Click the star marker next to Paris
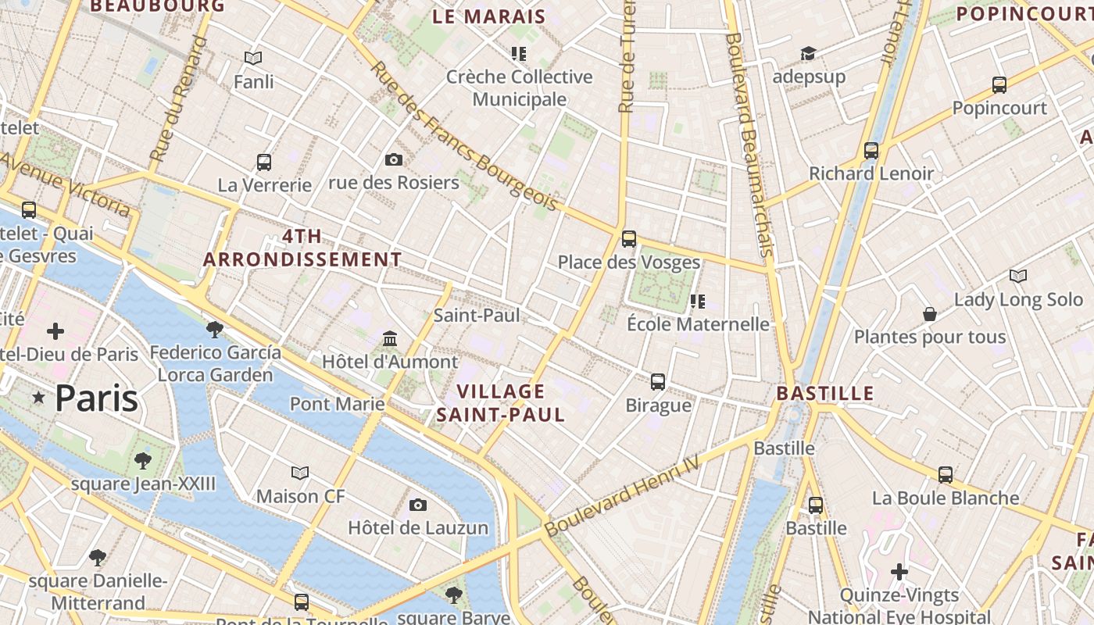pyautogui.click(x=38, y=398)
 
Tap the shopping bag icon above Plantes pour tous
pyautogui.click(x=930, y=314)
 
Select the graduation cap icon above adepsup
pyautogui.click(x=808, y=53)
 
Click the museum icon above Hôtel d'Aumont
pyautogui.click(x=390, y=339)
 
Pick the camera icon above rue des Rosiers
pyautogui.click(x=394, y=159)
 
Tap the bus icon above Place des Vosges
pyautogui.click(x=629, y=239)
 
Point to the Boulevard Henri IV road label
pyautogui.click(x=642, y=484)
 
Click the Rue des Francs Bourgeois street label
pyautogui.click(x=464, y=136)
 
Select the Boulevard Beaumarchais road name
pyautogui.click(x=749, y=145)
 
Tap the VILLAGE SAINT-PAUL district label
pyautogui.click(x=500, y=403)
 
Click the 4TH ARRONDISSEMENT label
pyautogui.click(x=302, y=248)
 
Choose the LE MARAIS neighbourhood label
pyautogui.click(x=489, y=16)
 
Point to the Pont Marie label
pyautogui.click(x=337, y=404)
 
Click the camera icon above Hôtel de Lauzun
pyautogui.click(x=418, y=505)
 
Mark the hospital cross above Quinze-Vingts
pyautogui.click(x=899, y=572)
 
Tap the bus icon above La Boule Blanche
pyautogui.click(x=946, y=474)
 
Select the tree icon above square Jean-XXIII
pyautogui.click(x=142, y=460)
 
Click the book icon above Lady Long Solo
pyautogui.click(x=1018, y=276)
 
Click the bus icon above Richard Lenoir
pyautogui.click(x=871, y=151)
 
